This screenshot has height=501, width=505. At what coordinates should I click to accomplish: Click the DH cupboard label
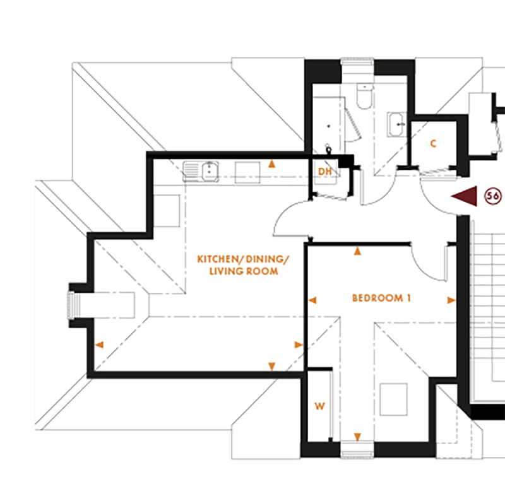coord(324,172)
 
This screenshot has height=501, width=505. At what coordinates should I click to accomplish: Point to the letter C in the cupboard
coord(433,144)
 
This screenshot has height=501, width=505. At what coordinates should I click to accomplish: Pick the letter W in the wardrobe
coord(319,407)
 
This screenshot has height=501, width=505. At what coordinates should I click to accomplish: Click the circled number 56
coord(492,196)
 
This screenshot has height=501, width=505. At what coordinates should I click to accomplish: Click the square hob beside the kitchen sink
coord(247,171)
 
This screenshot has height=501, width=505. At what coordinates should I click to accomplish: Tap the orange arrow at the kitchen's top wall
coord(271,164)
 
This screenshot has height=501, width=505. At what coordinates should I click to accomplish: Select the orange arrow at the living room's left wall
coord(99,345)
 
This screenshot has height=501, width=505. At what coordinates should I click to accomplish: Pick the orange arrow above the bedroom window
coord(358,436)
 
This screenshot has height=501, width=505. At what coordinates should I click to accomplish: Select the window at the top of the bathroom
coord(358,61)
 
